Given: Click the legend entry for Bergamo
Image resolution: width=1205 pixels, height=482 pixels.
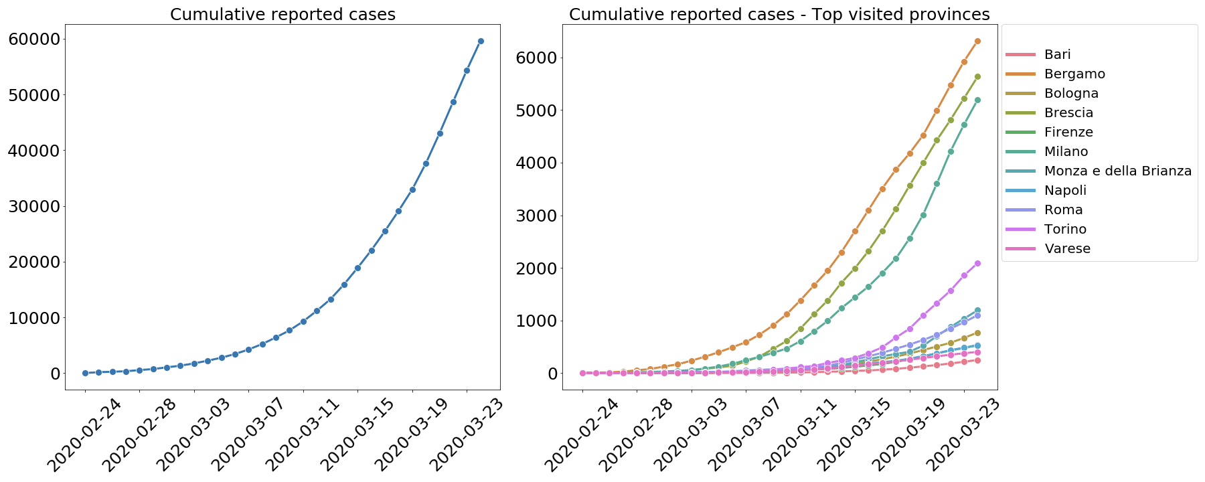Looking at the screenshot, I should pos(1074,74).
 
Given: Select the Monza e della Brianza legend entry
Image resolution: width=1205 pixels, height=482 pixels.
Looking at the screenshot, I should pos(1117,171).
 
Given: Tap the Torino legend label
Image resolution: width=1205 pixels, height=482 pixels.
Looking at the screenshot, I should pos(1065,229).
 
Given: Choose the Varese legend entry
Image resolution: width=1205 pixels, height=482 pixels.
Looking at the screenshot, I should pos(1067,248).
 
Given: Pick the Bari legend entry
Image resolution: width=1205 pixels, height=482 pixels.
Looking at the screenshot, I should pos(1057,54).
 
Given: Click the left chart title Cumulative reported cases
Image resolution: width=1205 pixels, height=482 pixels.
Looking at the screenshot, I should pos(283,14).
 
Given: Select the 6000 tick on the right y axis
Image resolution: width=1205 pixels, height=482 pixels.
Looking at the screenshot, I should pos(537,58).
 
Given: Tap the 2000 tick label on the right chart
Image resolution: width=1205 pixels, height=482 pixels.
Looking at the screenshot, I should pos(537,268).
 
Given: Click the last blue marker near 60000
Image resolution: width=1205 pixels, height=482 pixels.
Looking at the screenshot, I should pos(481,41).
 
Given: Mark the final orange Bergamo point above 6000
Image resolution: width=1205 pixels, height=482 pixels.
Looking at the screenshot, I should pos(977,41).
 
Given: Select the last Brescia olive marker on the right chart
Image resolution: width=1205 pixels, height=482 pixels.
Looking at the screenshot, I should pos(977,76).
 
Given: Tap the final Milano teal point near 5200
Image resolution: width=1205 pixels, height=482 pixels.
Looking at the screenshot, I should pos(977,100).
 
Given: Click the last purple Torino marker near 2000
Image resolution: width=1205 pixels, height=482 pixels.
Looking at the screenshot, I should pos(977,263).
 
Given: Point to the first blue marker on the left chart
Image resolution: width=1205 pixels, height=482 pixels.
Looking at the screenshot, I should pos(85,373).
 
